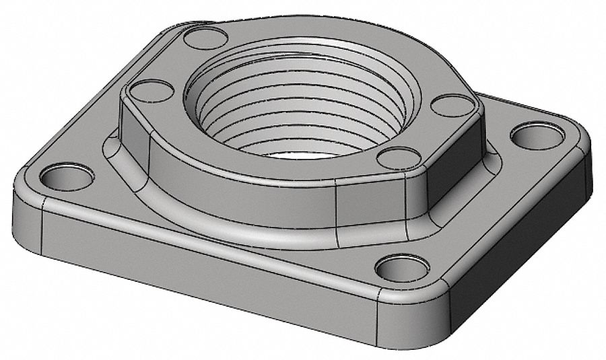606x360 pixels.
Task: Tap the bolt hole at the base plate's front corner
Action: pos(402,268)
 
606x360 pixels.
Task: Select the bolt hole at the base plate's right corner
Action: pos(537,136)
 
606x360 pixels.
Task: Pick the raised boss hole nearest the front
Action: pos(399,158)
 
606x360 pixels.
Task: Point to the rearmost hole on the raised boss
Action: pos(205,38)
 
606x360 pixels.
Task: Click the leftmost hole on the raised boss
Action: pos(151,90)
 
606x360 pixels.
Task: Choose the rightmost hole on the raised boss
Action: pos(452,105)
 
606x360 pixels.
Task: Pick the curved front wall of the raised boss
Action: pos(269,199)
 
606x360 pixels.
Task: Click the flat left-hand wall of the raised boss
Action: pos(135,135)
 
